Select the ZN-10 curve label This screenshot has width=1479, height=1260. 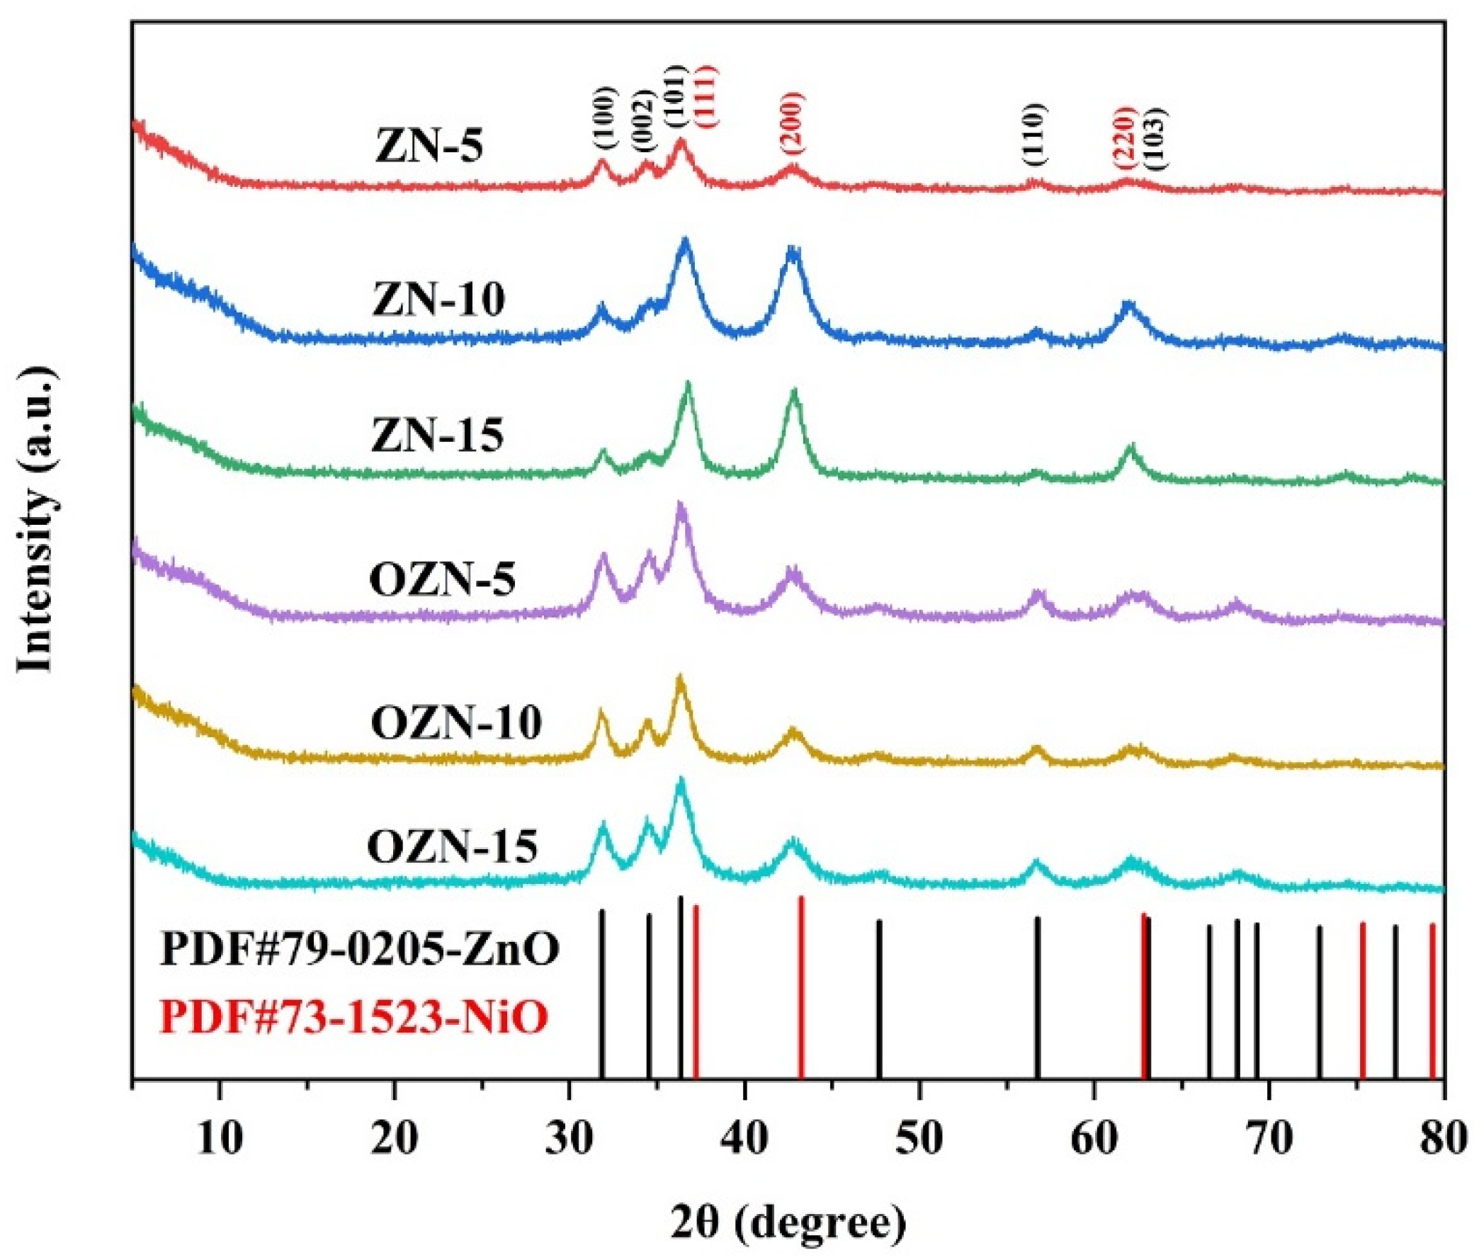coord(439,299)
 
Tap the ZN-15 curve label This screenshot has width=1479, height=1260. coord(438,435)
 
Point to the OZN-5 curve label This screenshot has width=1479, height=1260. coord(443,579)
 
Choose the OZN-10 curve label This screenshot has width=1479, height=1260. coord(456,723)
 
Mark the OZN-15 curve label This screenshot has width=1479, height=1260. coord(453,847)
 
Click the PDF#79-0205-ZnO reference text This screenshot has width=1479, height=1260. coord(360,950)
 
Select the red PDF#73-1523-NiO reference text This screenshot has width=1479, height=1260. coord(355,1017)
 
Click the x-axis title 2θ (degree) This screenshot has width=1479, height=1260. coord(788,1203)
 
